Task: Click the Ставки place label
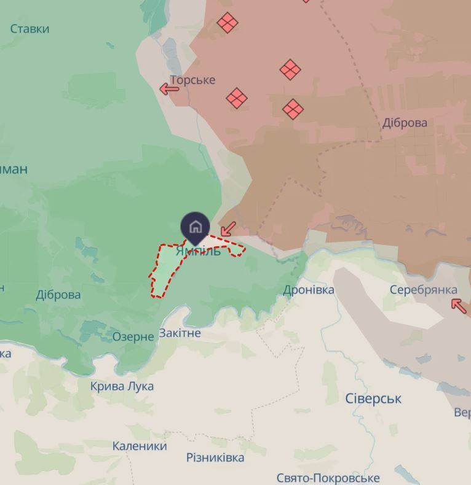click(30, 29)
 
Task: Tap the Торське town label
click(192, 80)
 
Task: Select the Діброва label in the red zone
click(405, 123)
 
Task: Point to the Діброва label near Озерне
click(58, 295)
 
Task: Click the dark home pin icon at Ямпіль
click(196, 227)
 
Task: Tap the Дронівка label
click(309, 290)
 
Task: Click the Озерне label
click(133, 336)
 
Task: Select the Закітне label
click(180, 333)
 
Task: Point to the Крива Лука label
click(122, 386)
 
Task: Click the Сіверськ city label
click(373, 398)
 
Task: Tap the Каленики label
click(140, 446)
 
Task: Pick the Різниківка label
click(215, 457)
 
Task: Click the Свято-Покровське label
click(328, 478)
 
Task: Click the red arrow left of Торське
click(169, 89)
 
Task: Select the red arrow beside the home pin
click(228, 229)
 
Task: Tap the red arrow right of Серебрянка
click(459, 305)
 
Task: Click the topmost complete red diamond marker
click(228, 23)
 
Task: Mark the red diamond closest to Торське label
click(237, 98)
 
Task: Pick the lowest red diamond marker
click(293, 109)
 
